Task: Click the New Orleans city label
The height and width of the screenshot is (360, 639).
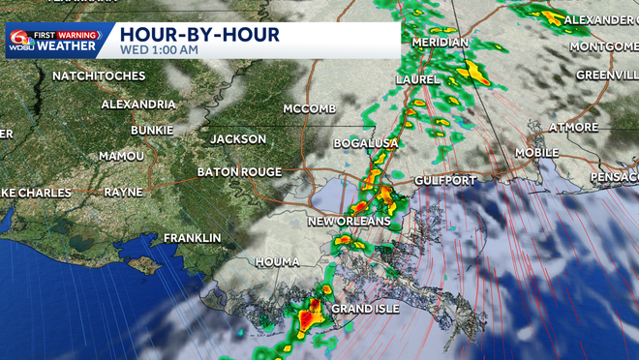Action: (349, 222)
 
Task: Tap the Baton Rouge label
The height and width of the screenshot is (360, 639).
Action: (239, 171)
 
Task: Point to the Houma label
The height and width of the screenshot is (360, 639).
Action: (278, 262)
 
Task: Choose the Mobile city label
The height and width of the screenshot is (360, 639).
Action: (536, 153)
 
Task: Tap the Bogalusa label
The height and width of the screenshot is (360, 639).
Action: (366, 143)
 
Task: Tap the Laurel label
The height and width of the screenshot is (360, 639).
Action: (418, 79)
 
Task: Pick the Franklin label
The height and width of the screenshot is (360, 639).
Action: (192, 238)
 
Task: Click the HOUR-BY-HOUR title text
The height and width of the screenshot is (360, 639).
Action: (199, 34)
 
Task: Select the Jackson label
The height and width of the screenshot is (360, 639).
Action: (238, 139)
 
